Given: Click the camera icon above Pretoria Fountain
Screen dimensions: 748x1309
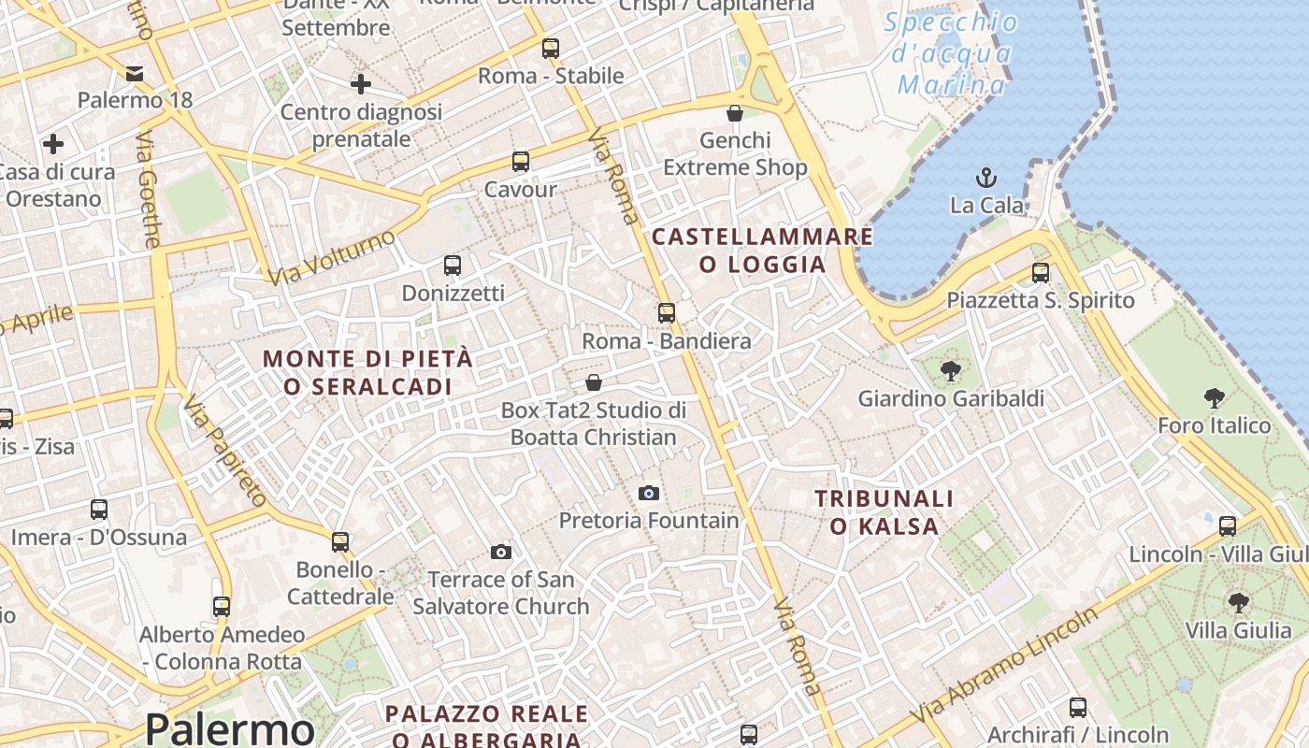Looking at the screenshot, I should pos(649,493).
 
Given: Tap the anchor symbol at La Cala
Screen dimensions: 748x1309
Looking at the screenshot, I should pos(985,177).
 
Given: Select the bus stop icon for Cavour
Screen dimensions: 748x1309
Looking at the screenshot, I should pos(521,162).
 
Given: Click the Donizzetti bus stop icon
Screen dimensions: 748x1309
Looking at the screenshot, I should pos(453,266).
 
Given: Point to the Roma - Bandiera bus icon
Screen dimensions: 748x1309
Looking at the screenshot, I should pos(667,313).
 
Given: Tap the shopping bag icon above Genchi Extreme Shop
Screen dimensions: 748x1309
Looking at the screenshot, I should pos(735,113).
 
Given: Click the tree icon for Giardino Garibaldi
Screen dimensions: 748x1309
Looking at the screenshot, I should pos(951,371).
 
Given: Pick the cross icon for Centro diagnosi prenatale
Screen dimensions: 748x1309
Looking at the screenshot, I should pos(361,85).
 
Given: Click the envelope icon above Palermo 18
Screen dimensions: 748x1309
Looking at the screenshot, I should pos(135,73).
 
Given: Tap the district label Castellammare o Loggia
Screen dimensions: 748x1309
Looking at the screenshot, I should pos(762,251).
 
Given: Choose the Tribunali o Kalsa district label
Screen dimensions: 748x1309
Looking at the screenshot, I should pos(884,512).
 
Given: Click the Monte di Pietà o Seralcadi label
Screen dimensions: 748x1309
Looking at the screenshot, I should pos(367,372).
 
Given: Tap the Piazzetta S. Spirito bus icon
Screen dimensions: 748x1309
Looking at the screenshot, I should pos(1041,273).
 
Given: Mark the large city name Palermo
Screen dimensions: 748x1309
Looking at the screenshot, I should pos(229,728).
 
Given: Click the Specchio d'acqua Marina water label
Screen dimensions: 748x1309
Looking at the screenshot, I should pos(952,54).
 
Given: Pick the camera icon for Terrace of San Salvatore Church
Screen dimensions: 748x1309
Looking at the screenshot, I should pos(501,552).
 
